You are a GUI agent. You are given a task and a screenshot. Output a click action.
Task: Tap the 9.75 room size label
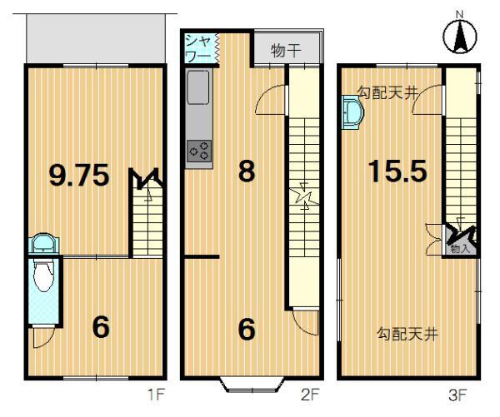pyautogui.click(x=79, y=176)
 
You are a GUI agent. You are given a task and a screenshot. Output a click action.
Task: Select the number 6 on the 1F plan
pyautogui.click(x=101, y=328)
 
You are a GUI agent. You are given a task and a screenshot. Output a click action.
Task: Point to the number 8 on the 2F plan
pyautogui.click(x=247, y=171)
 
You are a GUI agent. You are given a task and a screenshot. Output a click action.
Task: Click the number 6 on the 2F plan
pyautogui.click(x=247, y=330)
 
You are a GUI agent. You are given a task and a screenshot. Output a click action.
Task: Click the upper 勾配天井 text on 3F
pyautogui.click(x=387, y=93)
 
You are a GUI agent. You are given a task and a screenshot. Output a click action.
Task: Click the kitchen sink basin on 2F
pyautogui.click(x=200, y=87)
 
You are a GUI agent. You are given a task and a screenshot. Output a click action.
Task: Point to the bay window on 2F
pyautogui.click(x=250, y=384)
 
